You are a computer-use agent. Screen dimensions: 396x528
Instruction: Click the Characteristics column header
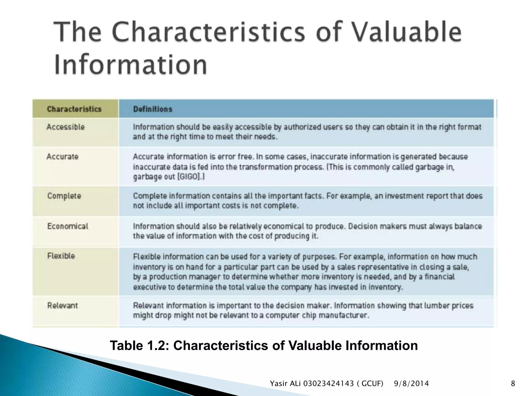[x=74, y=109]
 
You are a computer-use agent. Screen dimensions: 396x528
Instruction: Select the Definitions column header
[x=153, y=109]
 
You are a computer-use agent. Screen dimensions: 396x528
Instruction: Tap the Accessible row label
[x=65, y=127]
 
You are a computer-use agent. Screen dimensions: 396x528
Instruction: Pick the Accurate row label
[x=62, y=156]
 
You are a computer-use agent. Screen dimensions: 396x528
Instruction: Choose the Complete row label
[x=64, y=196]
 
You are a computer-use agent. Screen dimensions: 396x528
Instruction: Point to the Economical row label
[x=68, y=226]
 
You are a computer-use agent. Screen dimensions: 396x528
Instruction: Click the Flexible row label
[x=61, y=256]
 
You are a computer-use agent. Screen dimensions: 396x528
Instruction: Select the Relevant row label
[x=62, y=306]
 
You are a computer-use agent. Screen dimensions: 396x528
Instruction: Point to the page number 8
[x=513, y=384]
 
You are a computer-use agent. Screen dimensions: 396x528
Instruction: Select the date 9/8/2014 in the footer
[x=411, y=384]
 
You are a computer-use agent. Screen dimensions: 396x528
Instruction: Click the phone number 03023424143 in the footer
[x=328, y=384]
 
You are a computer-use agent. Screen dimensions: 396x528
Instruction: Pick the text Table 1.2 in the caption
[x=139, y=345]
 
